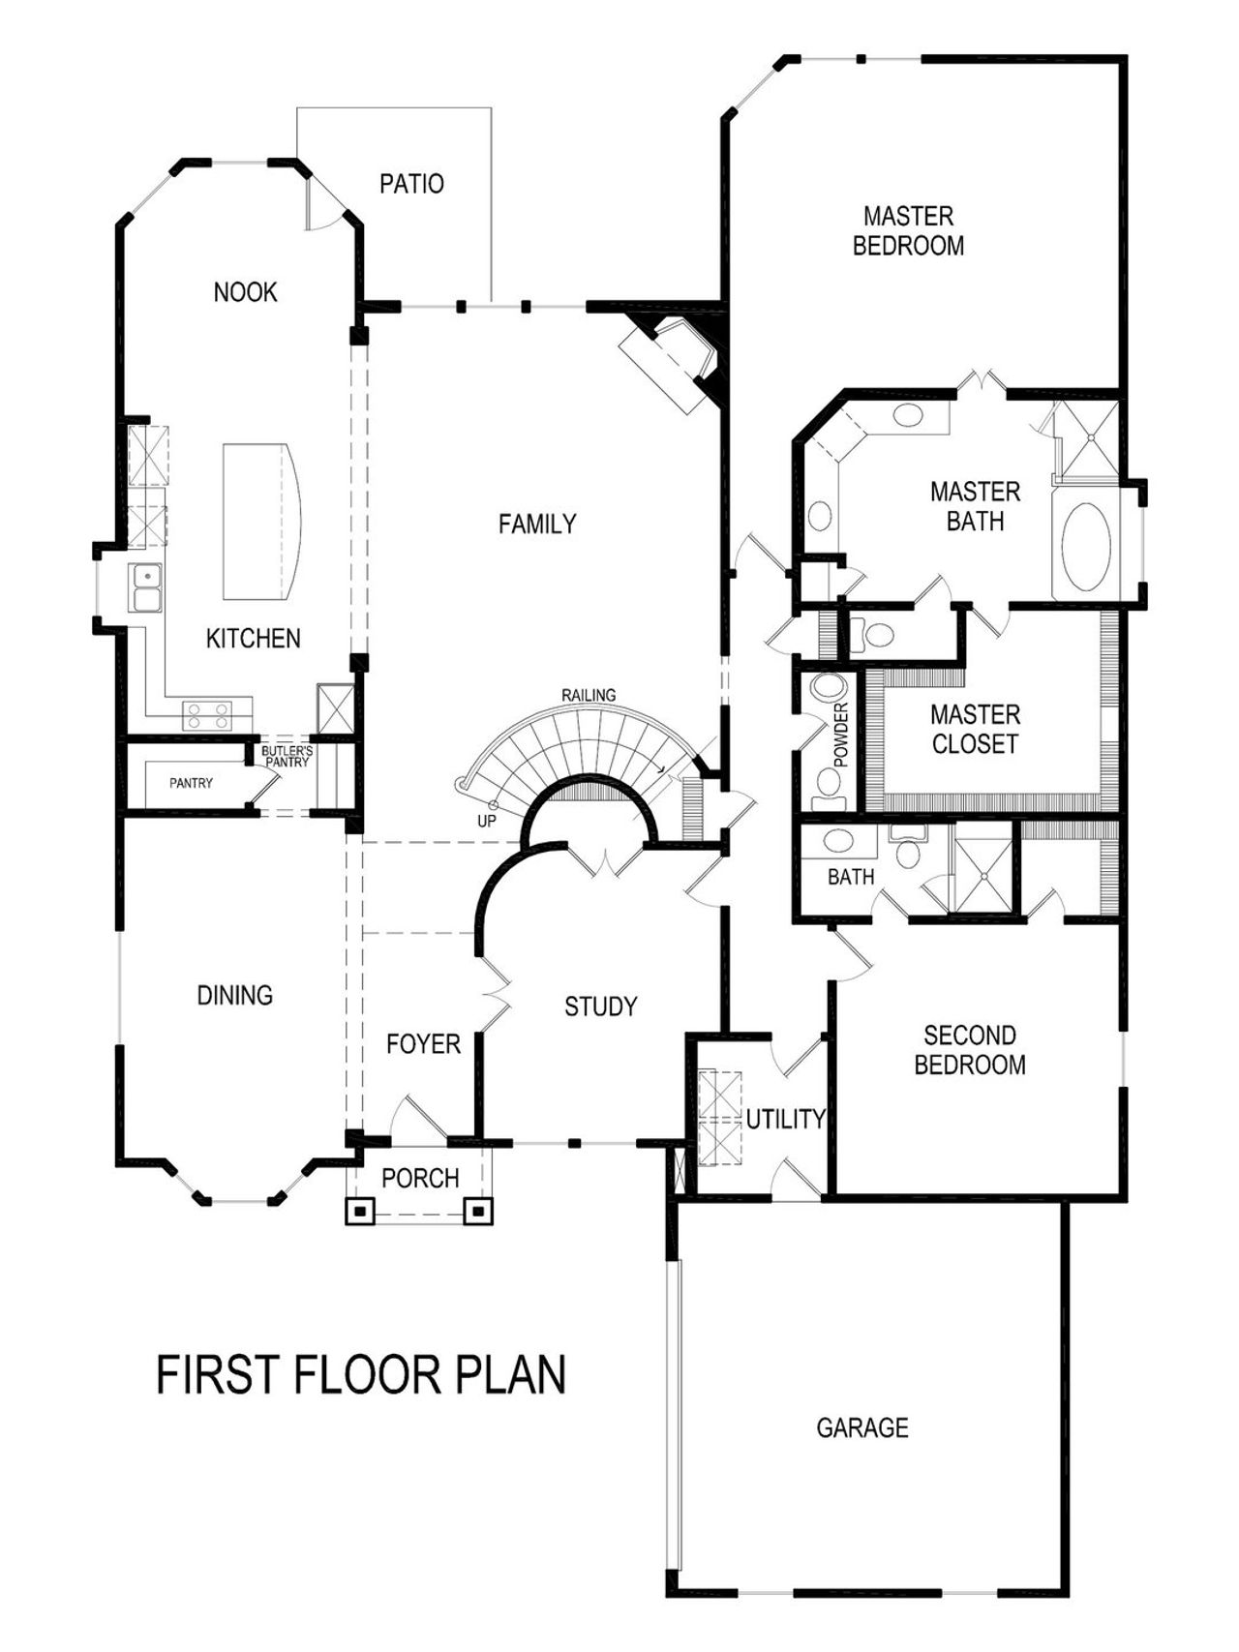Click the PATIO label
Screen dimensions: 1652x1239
[411, 184]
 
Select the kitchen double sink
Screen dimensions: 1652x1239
[146, 588]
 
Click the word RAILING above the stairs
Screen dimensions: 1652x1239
[589, 695]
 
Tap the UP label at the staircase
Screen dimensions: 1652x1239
[487, 822]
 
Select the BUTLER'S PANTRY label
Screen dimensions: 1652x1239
[287, 757]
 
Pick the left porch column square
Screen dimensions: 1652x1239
[360, 1211]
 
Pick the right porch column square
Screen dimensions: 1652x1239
[478, 1211]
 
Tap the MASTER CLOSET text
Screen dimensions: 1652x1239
[975, 730]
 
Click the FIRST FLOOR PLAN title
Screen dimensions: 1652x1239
[361, 1375]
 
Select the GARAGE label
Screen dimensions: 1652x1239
[862, 1428]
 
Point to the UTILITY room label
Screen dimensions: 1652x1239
[785, 1120]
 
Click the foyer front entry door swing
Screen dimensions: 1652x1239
[418, 1119]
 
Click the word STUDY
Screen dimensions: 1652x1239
[600, 1007]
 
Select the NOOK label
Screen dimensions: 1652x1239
[245, 292]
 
